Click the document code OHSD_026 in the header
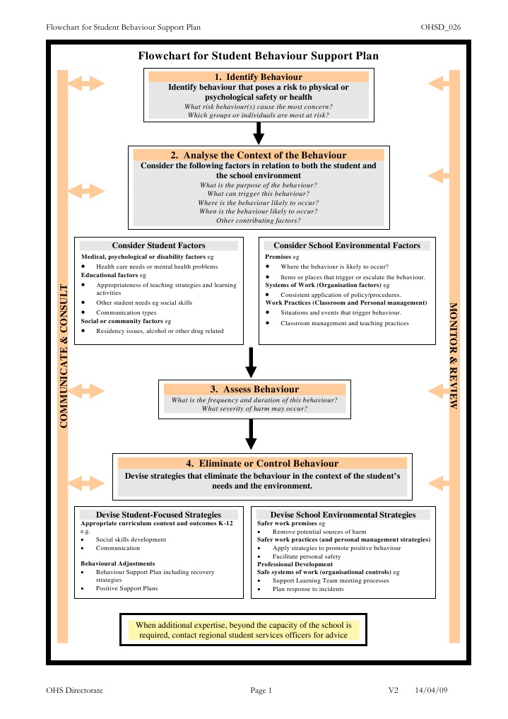pos(441,27)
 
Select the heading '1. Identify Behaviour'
pos(258,76)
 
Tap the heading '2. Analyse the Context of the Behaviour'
pos(259,155)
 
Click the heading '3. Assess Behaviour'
pos(254,389)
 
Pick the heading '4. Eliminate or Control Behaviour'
pos(262,463)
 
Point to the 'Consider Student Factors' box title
pos(158,245)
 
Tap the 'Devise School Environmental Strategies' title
pos(343,515)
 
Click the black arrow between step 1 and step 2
pos(259,131)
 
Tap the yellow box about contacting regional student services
pos(244,630)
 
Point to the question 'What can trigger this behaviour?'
pos(258,193)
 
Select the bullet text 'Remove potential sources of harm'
pos(319,532)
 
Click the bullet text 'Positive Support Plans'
pos(127,588)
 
